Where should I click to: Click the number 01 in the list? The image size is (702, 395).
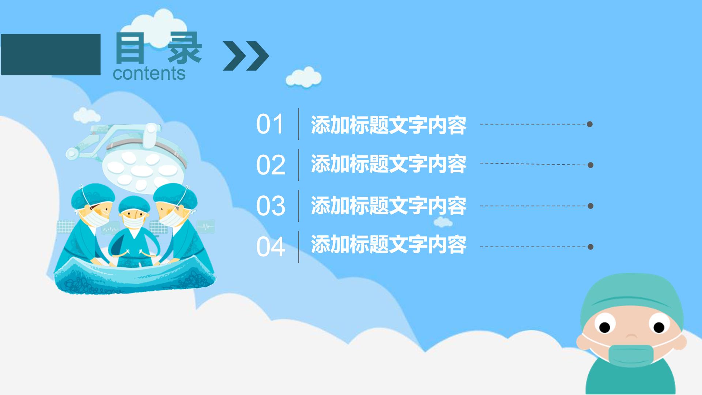(x=270, y=124)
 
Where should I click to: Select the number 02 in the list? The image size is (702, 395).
(x=271, y=165)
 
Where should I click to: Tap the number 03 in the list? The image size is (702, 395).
(x=271, y=206)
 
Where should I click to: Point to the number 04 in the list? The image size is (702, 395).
(x=271, y=247)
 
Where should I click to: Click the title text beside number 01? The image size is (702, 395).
(x=388, y=125)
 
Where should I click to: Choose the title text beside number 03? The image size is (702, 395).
(x=388, y=206)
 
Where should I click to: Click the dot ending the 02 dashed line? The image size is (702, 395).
(x=590, y=165)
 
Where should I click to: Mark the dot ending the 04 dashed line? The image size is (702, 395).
(x=590, y=247)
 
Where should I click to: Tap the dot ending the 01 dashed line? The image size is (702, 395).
(x=589, y=124)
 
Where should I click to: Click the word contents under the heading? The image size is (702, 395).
(x=149, y=73)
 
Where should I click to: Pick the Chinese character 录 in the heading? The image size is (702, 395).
(x=185, y=48)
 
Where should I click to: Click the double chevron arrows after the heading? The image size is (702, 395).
(x=246, y=56)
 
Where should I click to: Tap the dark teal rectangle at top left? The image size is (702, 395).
(x=50, y=54)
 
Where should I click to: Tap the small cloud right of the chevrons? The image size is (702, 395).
(x=303, y=78)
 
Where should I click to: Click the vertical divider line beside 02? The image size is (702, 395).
(x=299, y=165)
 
